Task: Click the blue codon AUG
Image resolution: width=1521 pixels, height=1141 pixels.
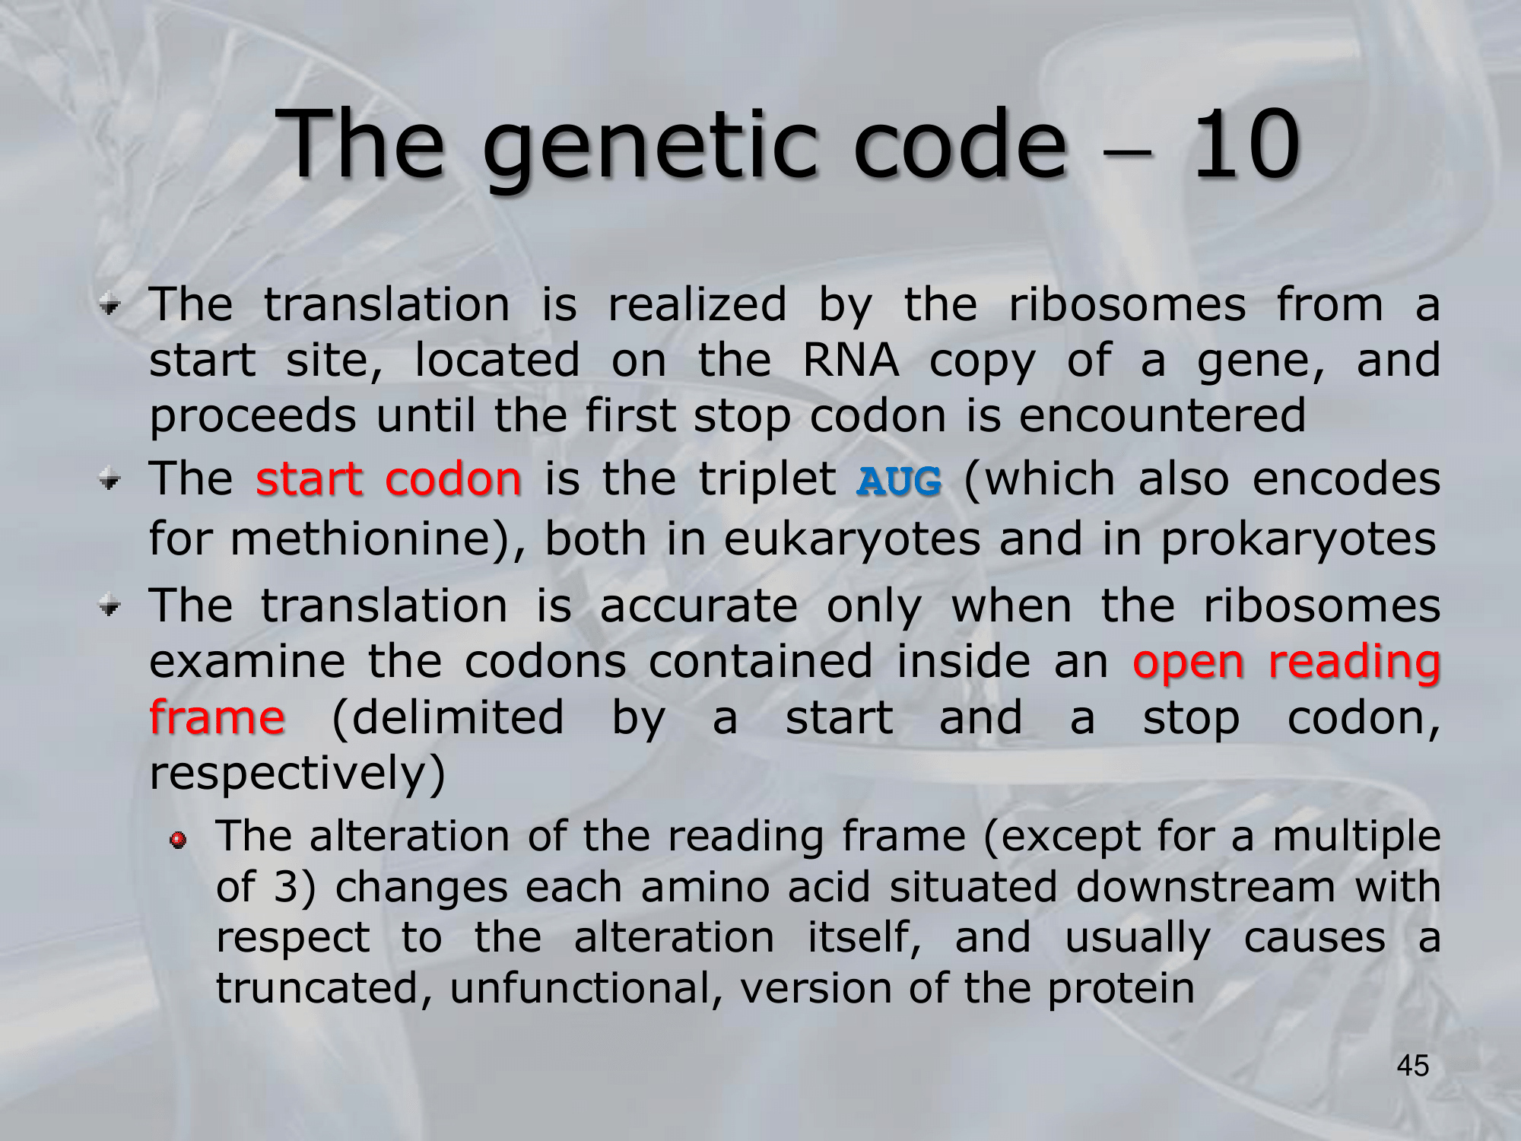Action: (x=899, y=481)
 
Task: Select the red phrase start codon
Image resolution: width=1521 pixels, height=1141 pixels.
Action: (x=389, y=479)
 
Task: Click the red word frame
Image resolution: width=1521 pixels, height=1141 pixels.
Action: (x=217, y=717)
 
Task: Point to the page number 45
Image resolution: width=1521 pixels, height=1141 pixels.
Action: (x=1413, y=1066)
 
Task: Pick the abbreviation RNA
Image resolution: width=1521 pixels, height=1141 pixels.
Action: (x=851, y=361)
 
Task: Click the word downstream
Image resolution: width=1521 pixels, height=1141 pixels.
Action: (x=1205, y=888)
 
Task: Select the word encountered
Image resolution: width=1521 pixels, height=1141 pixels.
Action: (x=1162, y=416)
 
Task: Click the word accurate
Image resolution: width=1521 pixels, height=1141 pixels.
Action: (x=699, y=607)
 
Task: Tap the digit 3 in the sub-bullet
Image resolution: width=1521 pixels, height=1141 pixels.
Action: (x=284, y=888)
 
